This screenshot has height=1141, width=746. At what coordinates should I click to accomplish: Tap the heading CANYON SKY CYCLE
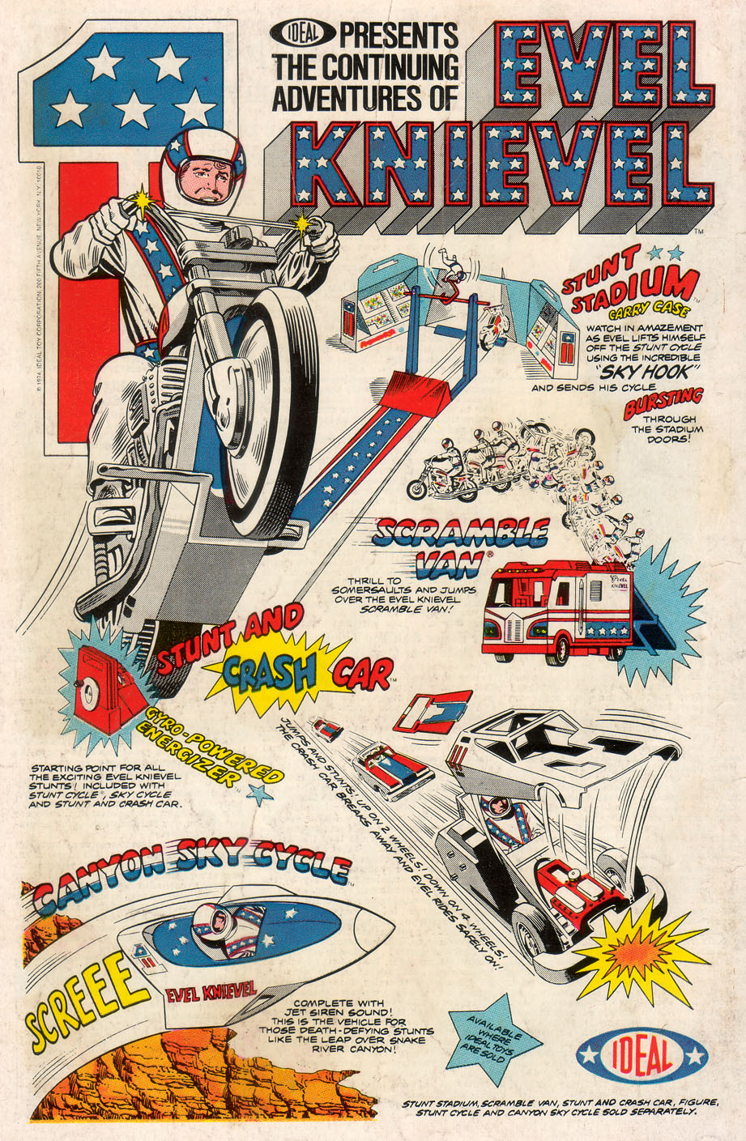point(192,879)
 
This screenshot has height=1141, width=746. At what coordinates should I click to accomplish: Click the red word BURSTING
point(663,402)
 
